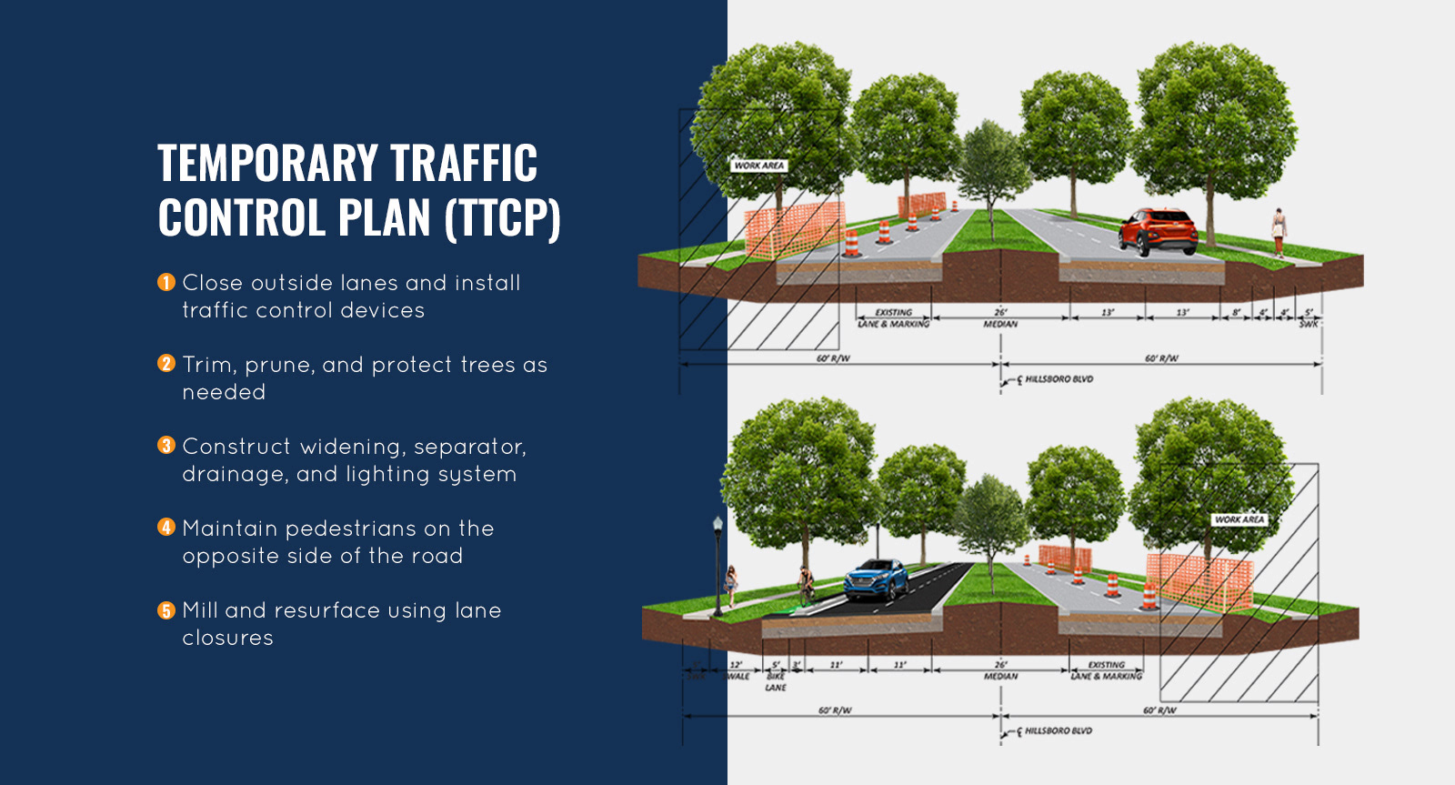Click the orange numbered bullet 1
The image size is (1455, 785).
pos(166,283)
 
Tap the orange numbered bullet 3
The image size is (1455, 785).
pos(166,446)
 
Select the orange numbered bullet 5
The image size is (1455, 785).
pos(166,610)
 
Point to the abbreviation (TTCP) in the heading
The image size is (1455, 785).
pos(503,218)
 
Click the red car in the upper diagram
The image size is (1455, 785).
pos(1157,230)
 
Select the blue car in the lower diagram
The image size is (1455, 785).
pos(876,579)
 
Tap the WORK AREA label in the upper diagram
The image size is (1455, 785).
pos(759,166)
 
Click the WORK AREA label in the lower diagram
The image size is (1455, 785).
pos(1239,519)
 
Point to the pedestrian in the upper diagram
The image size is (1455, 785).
pos(1279,231)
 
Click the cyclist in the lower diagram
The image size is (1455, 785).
pos(805,584)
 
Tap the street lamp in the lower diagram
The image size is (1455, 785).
pos(718,564)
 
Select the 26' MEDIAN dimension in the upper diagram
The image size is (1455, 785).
pos(1000,317)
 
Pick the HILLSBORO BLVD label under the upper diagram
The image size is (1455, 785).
pos(1059,379)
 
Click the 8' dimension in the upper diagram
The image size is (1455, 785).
pos(1236,312)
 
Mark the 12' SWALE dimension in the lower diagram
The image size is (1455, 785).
pos(737,670)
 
